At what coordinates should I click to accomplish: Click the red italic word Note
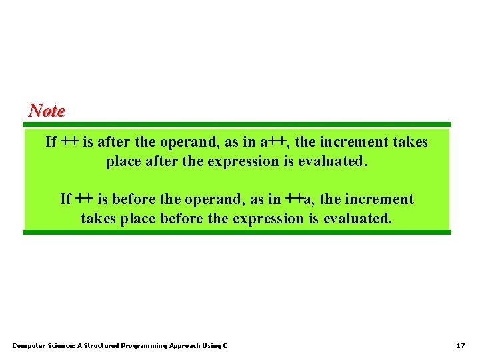pos(47,111)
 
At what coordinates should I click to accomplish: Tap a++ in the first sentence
pos(273,142)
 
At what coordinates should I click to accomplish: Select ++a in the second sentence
pos(299,199)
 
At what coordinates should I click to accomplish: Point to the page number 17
pos(460,345)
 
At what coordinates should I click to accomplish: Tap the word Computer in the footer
pos(29,345)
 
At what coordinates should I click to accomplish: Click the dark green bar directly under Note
pos(237,124)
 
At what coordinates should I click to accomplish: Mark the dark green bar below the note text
pos(237,232)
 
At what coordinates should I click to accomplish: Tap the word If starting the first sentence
pos(51,142)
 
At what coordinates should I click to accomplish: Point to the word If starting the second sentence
pos(65,199)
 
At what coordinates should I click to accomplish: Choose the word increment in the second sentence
pos(378,199)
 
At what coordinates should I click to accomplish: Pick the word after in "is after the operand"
pos(115,142)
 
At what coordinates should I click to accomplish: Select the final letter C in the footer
pos(225,345)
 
